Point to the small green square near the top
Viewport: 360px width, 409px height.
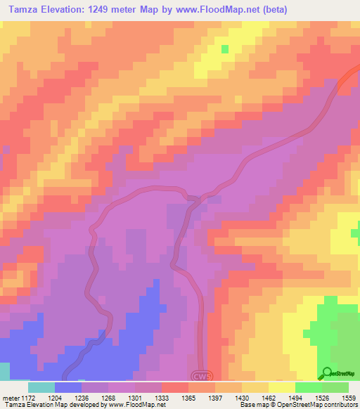(225, 49)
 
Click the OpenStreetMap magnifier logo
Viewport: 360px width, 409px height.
(327, 372)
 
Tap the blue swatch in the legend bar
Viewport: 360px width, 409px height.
(68, 387)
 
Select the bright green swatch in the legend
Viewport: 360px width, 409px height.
(308, 387)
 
